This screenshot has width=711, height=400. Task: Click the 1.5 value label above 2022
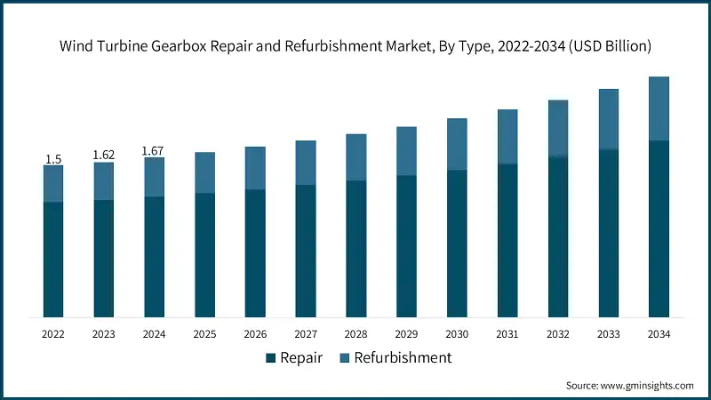click(53, 159)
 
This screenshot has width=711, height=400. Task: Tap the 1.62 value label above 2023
click(104, 156)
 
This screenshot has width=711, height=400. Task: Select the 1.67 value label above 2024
click(155, 152)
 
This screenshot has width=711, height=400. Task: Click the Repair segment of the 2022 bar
click(53, 259)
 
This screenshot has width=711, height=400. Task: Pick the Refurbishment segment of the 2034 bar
click(659, 108)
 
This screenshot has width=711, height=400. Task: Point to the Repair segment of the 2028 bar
click(356, 248)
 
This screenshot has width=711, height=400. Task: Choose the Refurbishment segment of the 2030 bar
click(457, 144)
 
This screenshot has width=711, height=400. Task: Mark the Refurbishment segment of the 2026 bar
click(255, 168)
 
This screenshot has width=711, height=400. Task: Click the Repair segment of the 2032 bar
click(558, 236)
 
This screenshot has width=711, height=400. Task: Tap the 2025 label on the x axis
click(204, 334)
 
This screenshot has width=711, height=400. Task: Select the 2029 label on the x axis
click(406, 334)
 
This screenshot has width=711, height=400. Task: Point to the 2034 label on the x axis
click(659, 334)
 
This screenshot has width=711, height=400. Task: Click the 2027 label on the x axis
click(306, 334)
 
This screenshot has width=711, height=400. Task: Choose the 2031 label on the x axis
click(507, 334)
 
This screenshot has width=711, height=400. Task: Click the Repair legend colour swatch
click(270, 358)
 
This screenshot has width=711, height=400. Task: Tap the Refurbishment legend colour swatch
click(343, 358)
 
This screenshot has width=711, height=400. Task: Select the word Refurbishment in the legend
click(403, 358)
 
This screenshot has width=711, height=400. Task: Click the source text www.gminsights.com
click(648, 386)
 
